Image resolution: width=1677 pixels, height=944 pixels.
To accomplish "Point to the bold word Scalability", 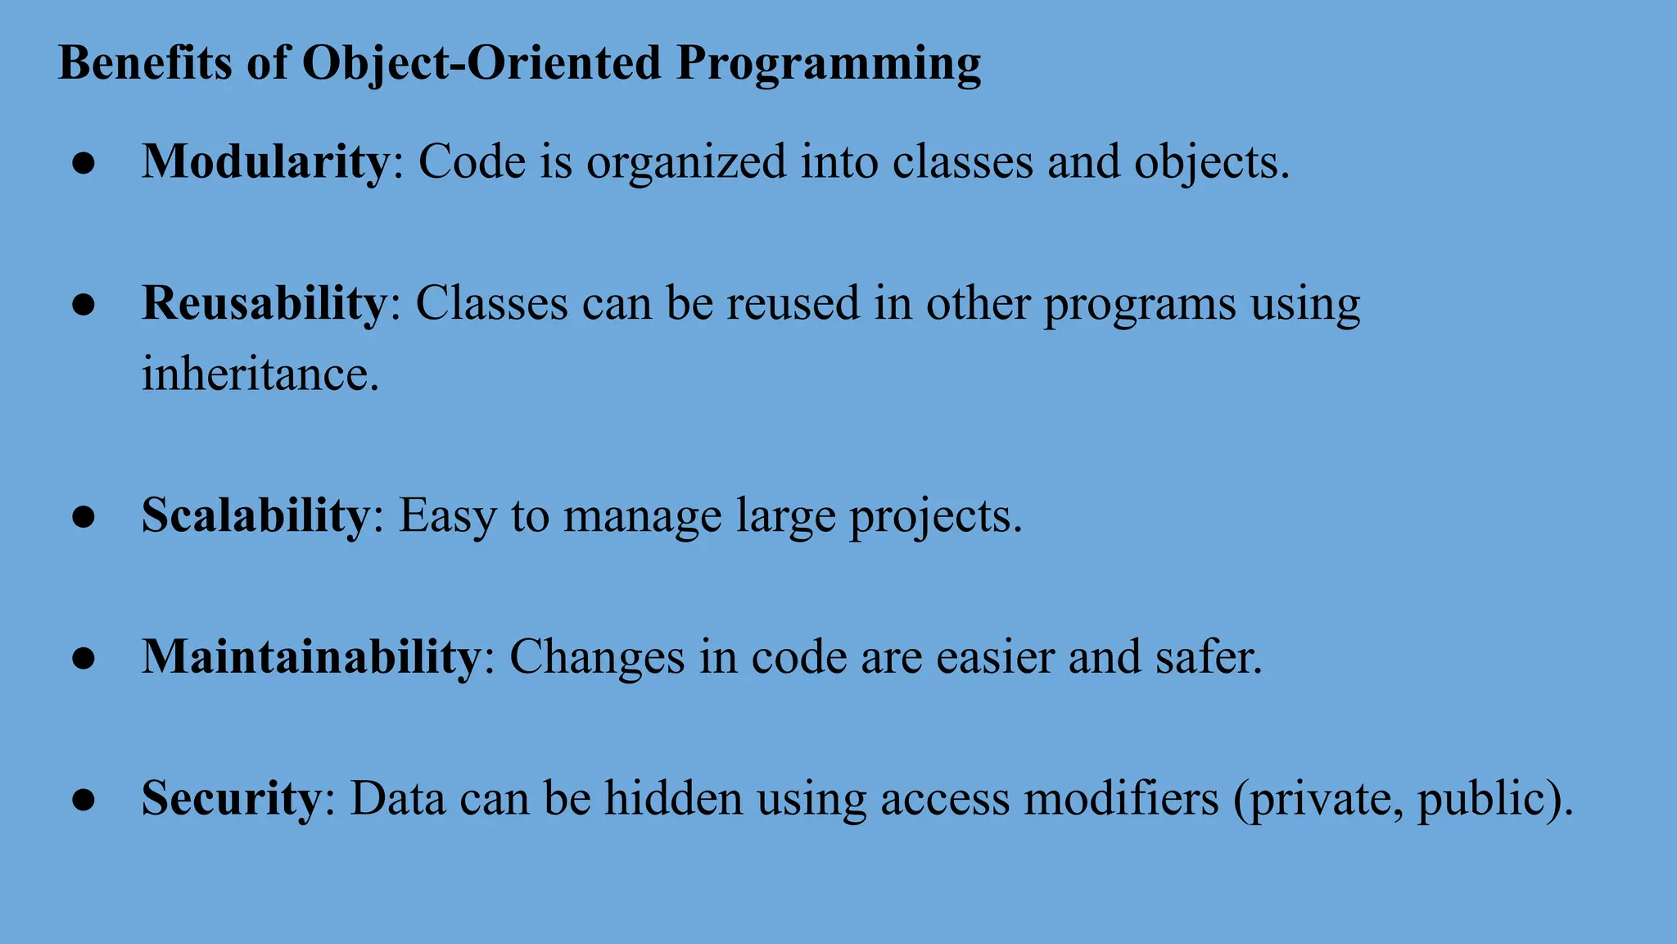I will point(255,516).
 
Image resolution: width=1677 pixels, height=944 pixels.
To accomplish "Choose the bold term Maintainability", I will point(311,657).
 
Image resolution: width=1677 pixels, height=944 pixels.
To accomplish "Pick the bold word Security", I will point(232,798).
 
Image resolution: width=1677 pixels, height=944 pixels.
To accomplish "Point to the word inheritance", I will point(260,374).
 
